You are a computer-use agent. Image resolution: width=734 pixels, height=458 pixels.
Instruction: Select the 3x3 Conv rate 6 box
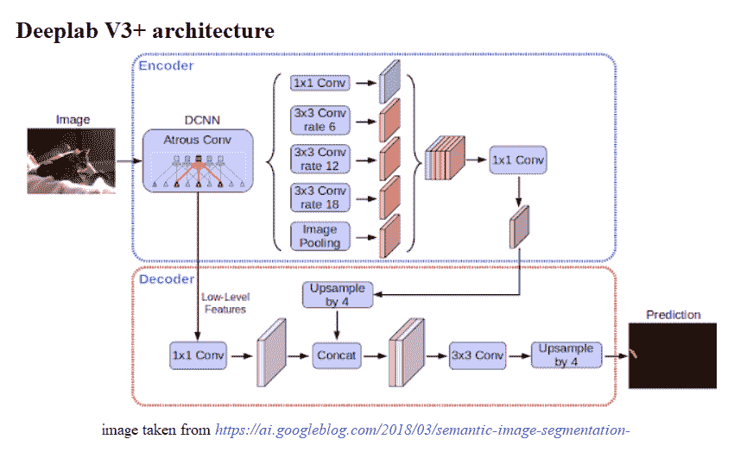[320, 121]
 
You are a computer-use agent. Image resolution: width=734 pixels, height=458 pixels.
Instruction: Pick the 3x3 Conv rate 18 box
[320, 198]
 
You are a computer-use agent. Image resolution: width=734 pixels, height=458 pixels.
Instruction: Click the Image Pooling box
[320, 235]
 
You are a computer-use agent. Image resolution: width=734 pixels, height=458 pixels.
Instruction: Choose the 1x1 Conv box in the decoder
[198, 355]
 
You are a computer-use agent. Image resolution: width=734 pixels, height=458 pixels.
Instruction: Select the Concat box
[336, 355]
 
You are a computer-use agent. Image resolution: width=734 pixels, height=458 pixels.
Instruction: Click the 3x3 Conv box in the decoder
[477, 355]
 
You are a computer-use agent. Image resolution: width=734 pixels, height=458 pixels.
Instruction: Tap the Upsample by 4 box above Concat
[336, 294]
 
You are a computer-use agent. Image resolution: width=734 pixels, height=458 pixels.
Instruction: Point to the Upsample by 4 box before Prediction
[566, 355]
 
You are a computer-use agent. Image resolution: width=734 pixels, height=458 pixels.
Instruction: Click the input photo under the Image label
[73, 160]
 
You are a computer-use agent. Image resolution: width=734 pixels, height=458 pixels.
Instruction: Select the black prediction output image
[672, 354]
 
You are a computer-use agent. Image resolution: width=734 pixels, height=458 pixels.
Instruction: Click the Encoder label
[167, 66]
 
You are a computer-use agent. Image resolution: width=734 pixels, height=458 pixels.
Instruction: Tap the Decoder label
[167, 279]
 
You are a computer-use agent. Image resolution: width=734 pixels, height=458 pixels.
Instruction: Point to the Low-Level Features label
[224, 303]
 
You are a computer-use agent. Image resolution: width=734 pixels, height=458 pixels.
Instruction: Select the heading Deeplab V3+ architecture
[145, 31]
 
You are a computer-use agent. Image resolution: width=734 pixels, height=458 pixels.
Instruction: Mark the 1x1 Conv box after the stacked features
[518, 160]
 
